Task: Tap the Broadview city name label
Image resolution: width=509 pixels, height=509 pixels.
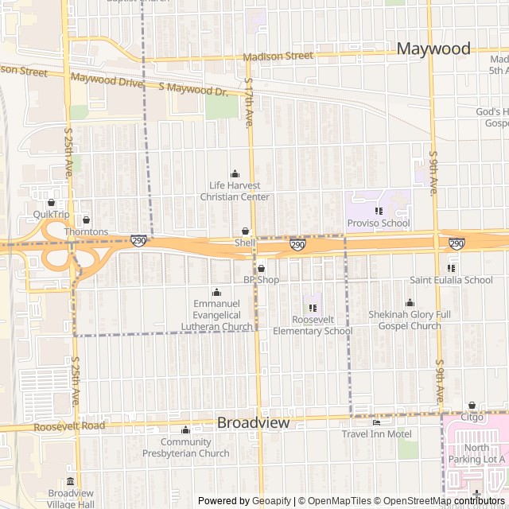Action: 253,423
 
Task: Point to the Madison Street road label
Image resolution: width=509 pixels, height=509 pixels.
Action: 278,56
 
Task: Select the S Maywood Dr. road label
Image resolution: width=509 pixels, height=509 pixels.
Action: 193,89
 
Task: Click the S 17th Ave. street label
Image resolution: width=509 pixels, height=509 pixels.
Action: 249,103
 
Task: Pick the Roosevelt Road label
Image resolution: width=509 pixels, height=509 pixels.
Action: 69,426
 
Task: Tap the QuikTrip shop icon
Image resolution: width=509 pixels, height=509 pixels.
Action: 52,203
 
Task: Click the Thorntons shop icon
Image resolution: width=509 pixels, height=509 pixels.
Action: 87,220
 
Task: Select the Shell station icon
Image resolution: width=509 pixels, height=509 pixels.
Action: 245,231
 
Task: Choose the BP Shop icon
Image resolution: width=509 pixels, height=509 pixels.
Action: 261,269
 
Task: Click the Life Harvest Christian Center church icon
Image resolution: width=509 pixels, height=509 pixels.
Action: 235,173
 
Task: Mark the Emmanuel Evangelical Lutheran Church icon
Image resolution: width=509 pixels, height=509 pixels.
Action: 216,292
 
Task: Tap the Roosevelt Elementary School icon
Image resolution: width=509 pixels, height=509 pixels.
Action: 312,308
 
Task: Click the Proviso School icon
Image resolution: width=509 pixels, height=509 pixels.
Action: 379,211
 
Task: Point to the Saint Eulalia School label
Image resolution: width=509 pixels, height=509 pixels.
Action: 451,280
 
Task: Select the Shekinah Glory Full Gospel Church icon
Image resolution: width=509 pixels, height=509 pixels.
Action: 410,302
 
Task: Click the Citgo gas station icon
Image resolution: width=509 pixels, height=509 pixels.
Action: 472,406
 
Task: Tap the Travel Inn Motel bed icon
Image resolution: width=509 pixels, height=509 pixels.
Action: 376,422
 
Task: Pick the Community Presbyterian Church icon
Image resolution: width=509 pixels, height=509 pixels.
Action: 185,430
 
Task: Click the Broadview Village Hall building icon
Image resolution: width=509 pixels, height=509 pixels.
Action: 71,481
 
